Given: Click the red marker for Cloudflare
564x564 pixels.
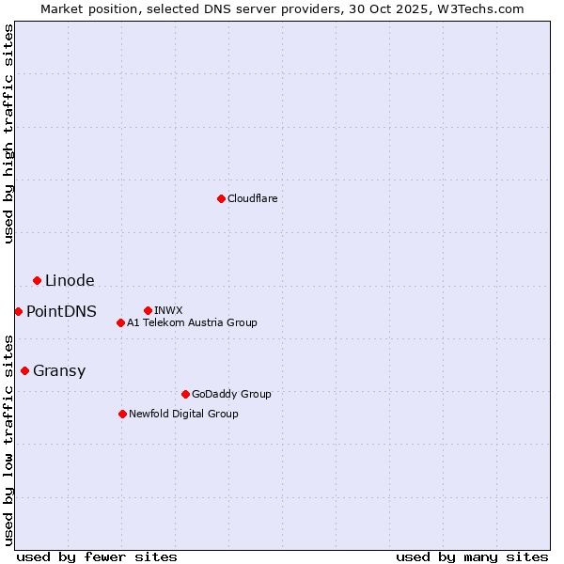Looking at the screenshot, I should (221, 198).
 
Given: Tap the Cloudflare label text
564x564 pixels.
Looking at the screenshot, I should (252, 198).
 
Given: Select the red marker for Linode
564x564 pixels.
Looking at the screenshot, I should (37, 280).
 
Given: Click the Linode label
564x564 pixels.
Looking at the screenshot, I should (70, 281).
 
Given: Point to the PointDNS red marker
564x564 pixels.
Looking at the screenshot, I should (18, 311).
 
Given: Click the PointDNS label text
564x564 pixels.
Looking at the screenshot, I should (61, 312).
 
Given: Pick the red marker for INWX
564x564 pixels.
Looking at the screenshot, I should (148, 310).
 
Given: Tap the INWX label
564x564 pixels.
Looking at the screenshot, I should (168, 310).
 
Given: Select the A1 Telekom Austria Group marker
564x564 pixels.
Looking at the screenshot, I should (120, 322).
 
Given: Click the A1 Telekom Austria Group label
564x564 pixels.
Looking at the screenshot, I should (192, 322).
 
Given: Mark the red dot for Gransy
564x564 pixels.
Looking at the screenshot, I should (24, 370).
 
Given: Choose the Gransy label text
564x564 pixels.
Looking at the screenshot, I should (59, 371).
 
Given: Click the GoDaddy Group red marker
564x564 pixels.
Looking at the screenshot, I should (185, 394).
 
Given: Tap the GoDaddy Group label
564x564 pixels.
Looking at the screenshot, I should (231, 394).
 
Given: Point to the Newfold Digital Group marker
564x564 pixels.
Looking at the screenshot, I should (122, 414).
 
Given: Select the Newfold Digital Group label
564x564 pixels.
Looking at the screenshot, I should (183, 414).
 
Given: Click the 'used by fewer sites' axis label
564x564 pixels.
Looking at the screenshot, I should (97, 556).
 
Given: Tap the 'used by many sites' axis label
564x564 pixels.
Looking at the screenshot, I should (472, 556).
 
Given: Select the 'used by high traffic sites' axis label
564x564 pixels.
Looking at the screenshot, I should (9, 134).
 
